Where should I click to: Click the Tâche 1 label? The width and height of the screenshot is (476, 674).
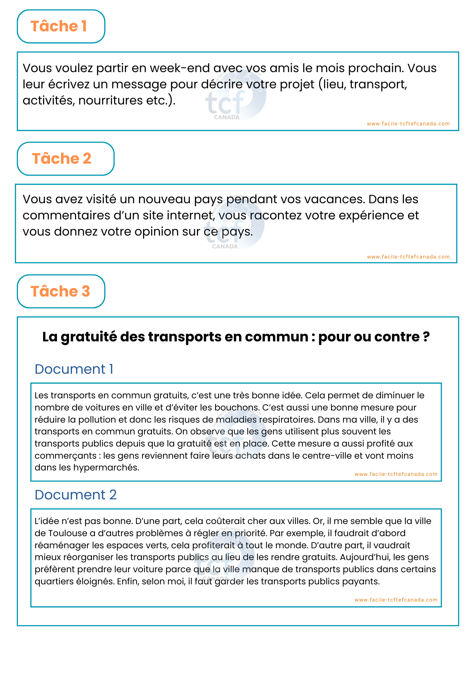59,26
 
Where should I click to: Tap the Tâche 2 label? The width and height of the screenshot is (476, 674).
62,159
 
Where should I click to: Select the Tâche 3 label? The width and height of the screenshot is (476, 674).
60,292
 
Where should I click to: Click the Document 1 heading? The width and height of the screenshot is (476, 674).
74,369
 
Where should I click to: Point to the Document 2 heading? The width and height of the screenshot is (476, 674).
75,495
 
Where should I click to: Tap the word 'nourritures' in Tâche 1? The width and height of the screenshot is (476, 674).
110,100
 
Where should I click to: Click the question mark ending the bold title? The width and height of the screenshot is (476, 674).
426,337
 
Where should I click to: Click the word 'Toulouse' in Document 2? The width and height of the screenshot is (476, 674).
68,533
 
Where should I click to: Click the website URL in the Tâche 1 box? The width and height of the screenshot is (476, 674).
408,124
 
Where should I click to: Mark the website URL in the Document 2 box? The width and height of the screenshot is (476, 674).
396,600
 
